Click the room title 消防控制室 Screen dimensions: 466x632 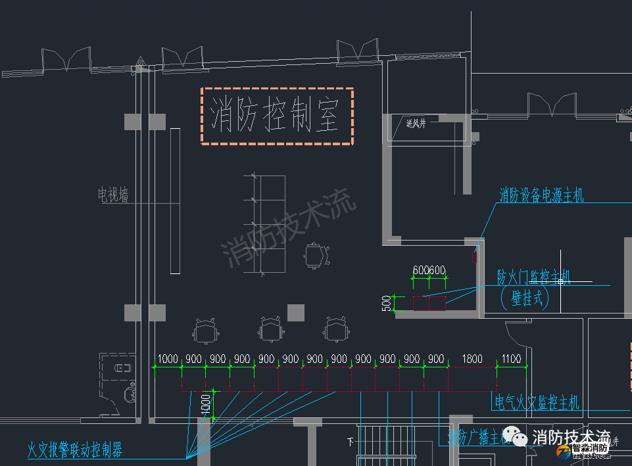tap(276, 116)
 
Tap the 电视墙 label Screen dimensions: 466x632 tap(113, 195)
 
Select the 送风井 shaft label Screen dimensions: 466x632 tap(416, 124)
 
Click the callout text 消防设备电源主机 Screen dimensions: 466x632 tap(541, 195)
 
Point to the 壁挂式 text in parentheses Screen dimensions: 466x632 tap(523, 298)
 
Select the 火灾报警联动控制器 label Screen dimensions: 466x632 tap(74, 450)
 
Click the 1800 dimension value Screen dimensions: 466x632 tap(472, 359)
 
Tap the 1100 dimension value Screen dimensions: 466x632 tap(510, 359)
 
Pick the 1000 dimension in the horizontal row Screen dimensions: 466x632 tap(168, 359)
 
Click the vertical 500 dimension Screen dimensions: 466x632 tap(386, 303)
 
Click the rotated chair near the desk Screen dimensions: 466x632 tap(315, 254)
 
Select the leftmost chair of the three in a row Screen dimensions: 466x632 tap(206, 330)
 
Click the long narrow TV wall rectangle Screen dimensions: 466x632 tap(175, 200)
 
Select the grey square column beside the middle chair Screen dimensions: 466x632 tap(296, 312)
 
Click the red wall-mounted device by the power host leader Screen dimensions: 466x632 tap(474, 257)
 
